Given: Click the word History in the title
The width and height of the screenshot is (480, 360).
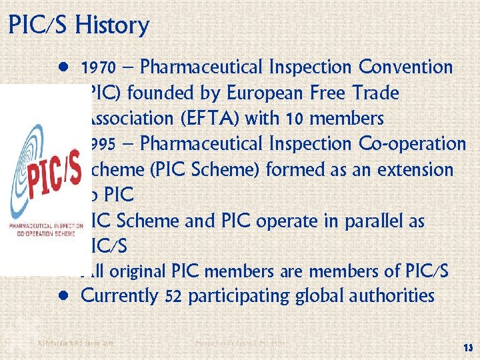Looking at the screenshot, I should (112, 25).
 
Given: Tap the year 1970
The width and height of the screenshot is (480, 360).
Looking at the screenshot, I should (99, 68).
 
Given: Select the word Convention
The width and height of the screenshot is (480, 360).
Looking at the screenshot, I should (405, 67).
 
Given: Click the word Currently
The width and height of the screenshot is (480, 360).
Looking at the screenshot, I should (119, 295).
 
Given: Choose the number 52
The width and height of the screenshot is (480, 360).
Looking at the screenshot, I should (174, 296).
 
